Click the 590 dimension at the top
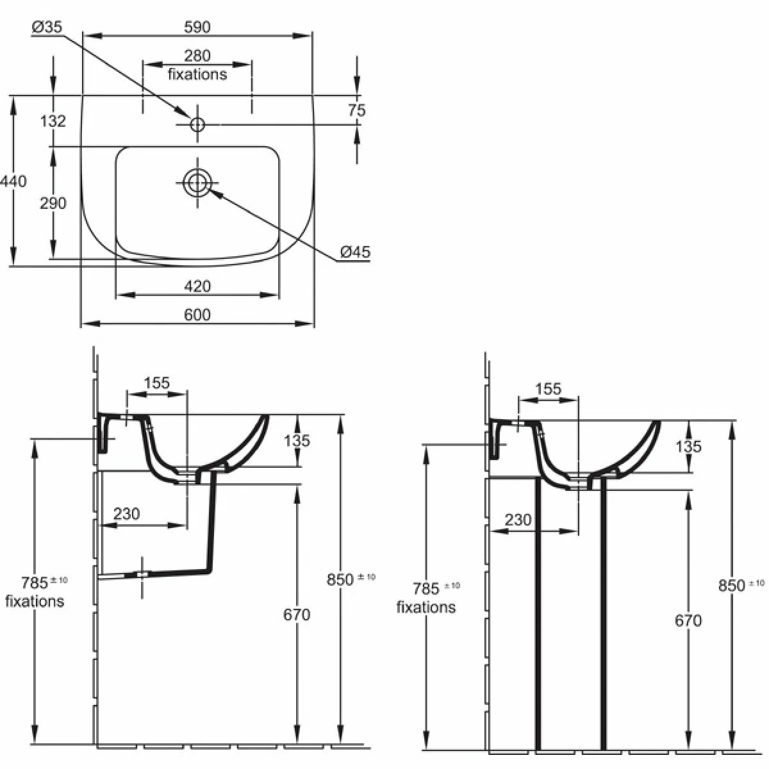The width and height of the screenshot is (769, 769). click(x=197, y=26)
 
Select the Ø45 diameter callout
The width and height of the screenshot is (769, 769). click(x=355, y=252)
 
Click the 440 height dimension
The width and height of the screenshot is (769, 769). click(x=14, y=181)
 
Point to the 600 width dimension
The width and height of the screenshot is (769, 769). click(x=197, y=314)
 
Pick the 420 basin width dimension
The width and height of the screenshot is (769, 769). click(x=197, y=286)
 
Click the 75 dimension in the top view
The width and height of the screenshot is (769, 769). click(x=357, y=110)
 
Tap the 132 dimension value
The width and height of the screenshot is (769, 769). click(x=53, y=120)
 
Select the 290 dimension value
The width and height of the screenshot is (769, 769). click(x=53, y=203)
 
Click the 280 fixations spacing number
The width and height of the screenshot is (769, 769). click(x=197, y=56)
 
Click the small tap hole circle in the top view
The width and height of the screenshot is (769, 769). click(x=197, y=123)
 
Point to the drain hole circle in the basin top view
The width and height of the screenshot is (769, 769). click(x=197, y=183)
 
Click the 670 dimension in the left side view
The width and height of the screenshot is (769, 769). click(x=296, y=615)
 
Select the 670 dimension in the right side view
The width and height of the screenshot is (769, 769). click(x=688, y=620)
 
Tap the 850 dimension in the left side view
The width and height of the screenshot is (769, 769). click(x=340, y=579)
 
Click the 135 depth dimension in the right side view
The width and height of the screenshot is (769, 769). click(x=688, y=447)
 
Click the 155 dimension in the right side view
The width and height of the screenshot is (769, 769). click(x=548, y=389)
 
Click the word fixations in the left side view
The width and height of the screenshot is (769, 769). click(x=35, y=601)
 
